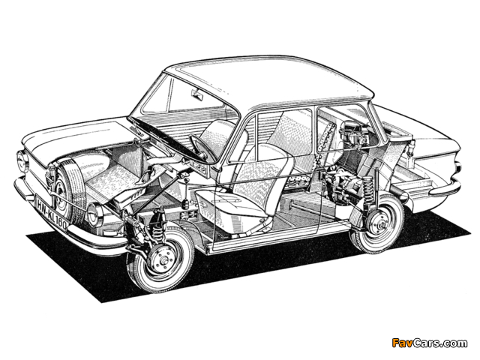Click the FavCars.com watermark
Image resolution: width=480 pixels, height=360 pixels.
coord(428,343)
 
